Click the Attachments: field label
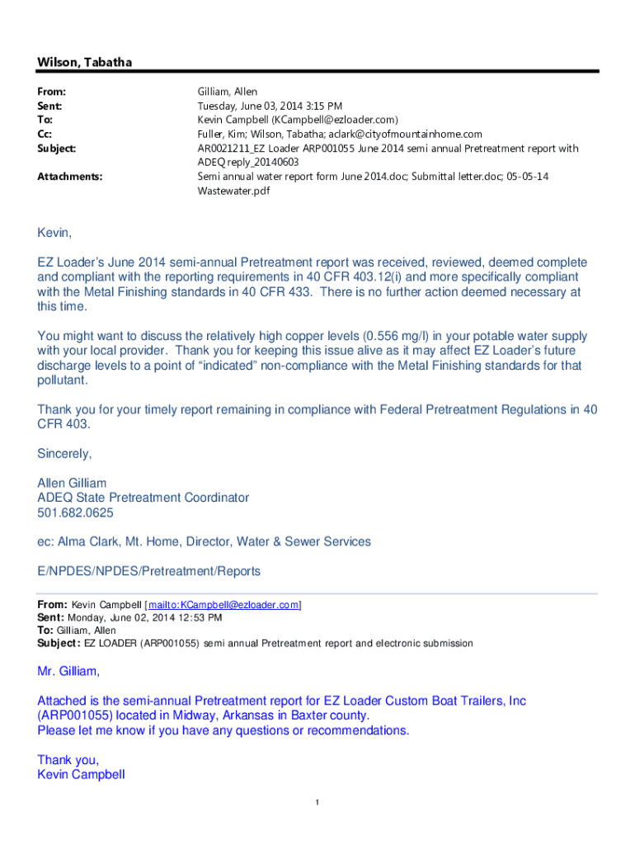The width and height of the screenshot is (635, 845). (x=66, y=176)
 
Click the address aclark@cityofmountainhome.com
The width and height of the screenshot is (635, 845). (x=402, y=134)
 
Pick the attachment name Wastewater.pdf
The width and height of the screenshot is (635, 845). (x=233, y=191)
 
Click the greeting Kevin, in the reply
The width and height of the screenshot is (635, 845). (x=55, y=234)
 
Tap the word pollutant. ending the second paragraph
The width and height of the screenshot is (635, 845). (x=62, y=380)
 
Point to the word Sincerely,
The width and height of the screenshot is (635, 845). (x=65, y=453)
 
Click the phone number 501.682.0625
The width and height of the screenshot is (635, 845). (x=76, y=512)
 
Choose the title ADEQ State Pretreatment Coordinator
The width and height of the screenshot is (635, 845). (x=154, y=498)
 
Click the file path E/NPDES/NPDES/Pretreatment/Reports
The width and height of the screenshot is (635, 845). (x=148, y=571)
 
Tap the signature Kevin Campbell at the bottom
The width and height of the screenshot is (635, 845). (x=81, y=775)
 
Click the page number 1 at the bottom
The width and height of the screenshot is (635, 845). (x=317, y=803)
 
